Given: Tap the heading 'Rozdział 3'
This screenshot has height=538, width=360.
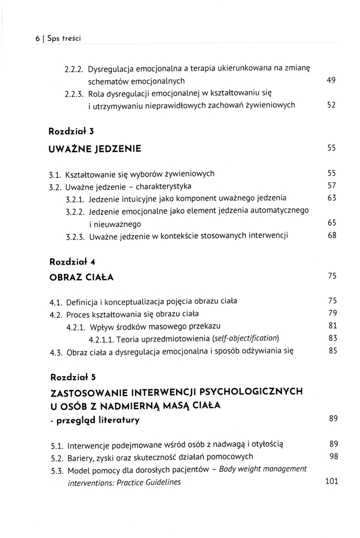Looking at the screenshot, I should click(x=72, y=131).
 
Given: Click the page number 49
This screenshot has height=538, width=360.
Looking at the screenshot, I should click(x=331, y=81).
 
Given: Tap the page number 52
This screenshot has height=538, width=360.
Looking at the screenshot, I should click(x=331, y=105).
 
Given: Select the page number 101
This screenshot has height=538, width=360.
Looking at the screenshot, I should click(x=331, y=482).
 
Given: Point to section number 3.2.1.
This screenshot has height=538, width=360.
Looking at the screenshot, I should click(x=75, y=199).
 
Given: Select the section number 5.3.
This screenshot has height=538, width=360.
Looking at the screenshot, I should click(x=57, y=470).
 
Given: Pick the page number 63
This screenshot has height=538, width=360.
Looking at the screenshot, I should click(x=331, y=198).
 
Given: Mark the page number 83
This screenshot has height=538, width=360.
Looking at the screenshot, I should click(x=332, y=338).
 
